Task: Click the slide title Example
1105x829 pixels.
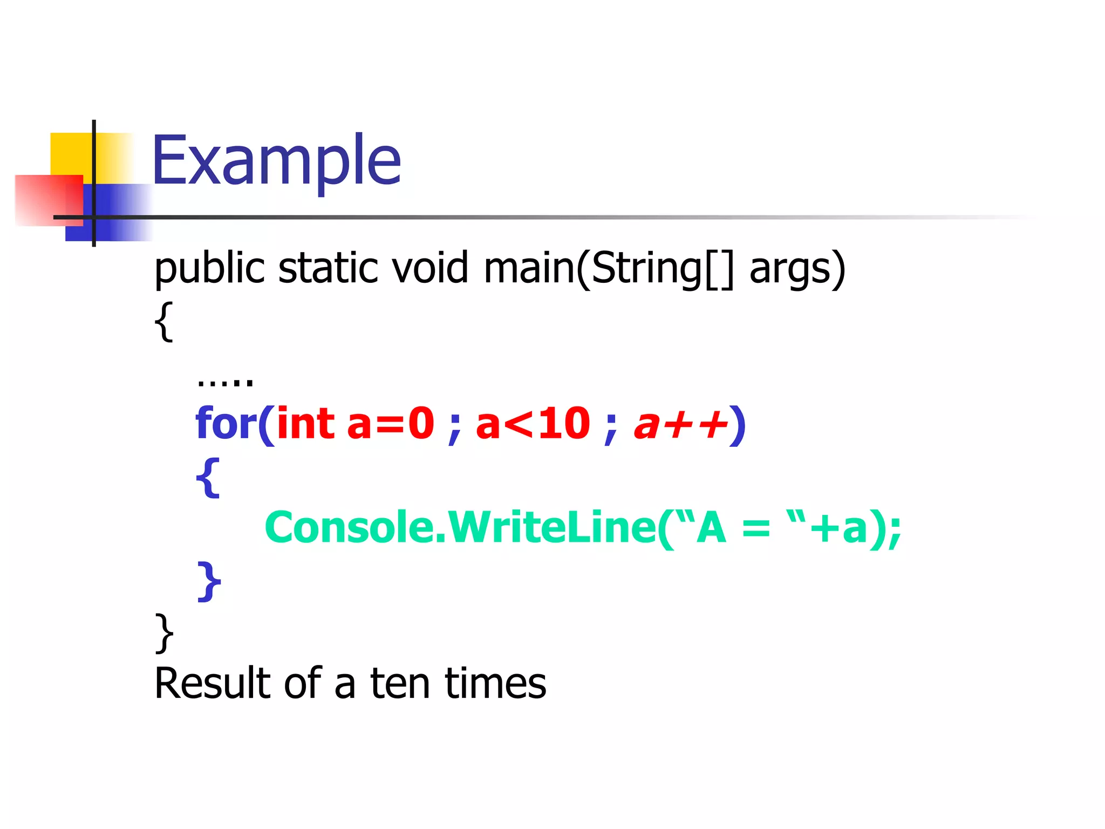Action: (276, 161)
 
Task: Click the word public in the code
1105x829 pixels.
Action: (209, 268)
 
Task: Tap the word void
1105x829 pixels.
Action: (429, 268)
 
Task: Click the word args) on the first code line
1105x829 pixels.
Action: (797, 268)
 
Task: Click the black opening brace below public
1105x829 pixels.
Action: (164, 322)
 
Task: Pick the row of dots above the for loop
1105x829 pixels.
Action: (225, 381)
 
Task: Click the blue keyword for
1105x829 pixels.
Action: (226, 424)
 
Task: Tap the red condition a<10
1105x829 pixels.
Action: (533, 424)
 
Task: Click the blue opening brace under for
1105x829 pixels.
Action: (208, 478)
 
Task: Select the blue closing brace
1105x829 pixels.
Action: (209, 581)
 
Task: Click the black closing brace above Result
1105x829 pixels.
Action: (164, 633)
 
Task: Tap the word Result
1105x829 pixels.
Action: (212, 684)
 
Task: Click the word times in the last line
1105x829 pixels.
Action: (495, 684)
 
